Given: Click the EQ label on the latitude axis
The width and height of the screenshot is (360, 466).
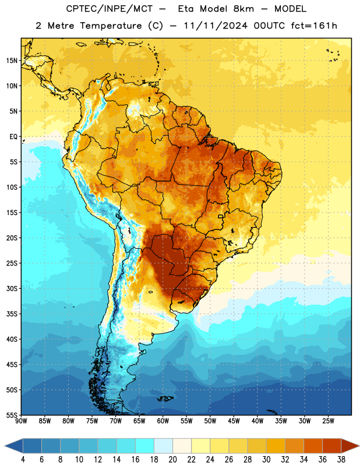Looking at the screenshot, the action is tap(13, 137).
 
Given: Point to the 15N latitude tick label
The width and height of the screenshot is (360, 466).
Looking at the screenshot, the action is tap(12, 61).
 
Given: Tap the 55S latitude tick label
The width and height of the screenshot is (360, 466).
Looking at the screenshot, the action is tap(12, 415).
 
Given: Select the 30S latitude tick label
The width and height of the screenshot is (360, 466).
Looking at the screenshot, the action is tap(12, 288).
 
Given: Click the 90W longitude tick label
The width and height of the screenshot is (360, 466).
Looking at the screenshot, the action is tap(21, 421).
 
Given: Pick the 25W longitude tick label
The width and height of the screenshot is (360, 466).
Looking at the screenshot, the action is tap(328, 421).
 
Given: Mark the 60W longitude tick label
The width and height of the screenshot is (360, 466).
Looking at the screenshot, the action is tap(163, 421).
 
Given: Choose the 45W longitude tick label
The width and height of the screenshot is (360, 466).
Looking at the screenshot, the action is tap(234, 421).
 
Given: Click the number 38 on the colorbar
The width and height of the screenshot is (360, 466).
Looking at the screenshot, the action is tap(341, 460).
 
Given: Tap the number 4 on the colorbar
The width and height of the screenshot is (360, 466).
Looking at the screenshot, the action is tap(23, 460).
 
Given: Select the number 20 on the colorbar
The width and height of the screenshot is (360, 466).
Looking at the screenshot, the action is tap(172, 460).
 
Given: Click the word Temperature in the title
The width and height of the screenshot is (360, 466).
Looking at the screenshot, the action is tap(111, 26).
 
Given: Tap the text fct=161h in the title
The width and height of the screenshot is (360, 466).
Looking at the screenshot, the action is tap(314, 26).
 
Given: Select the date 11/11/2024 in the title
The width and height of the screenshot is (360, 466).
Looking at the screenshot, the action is tap(216, 26).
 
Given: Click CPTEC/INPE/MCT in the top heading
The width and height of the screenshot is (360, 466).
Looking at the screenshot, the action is tap(109, 9).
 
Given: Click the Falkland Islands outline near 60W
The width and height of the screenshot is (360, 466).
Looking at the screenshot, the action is tap(165, 398).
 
